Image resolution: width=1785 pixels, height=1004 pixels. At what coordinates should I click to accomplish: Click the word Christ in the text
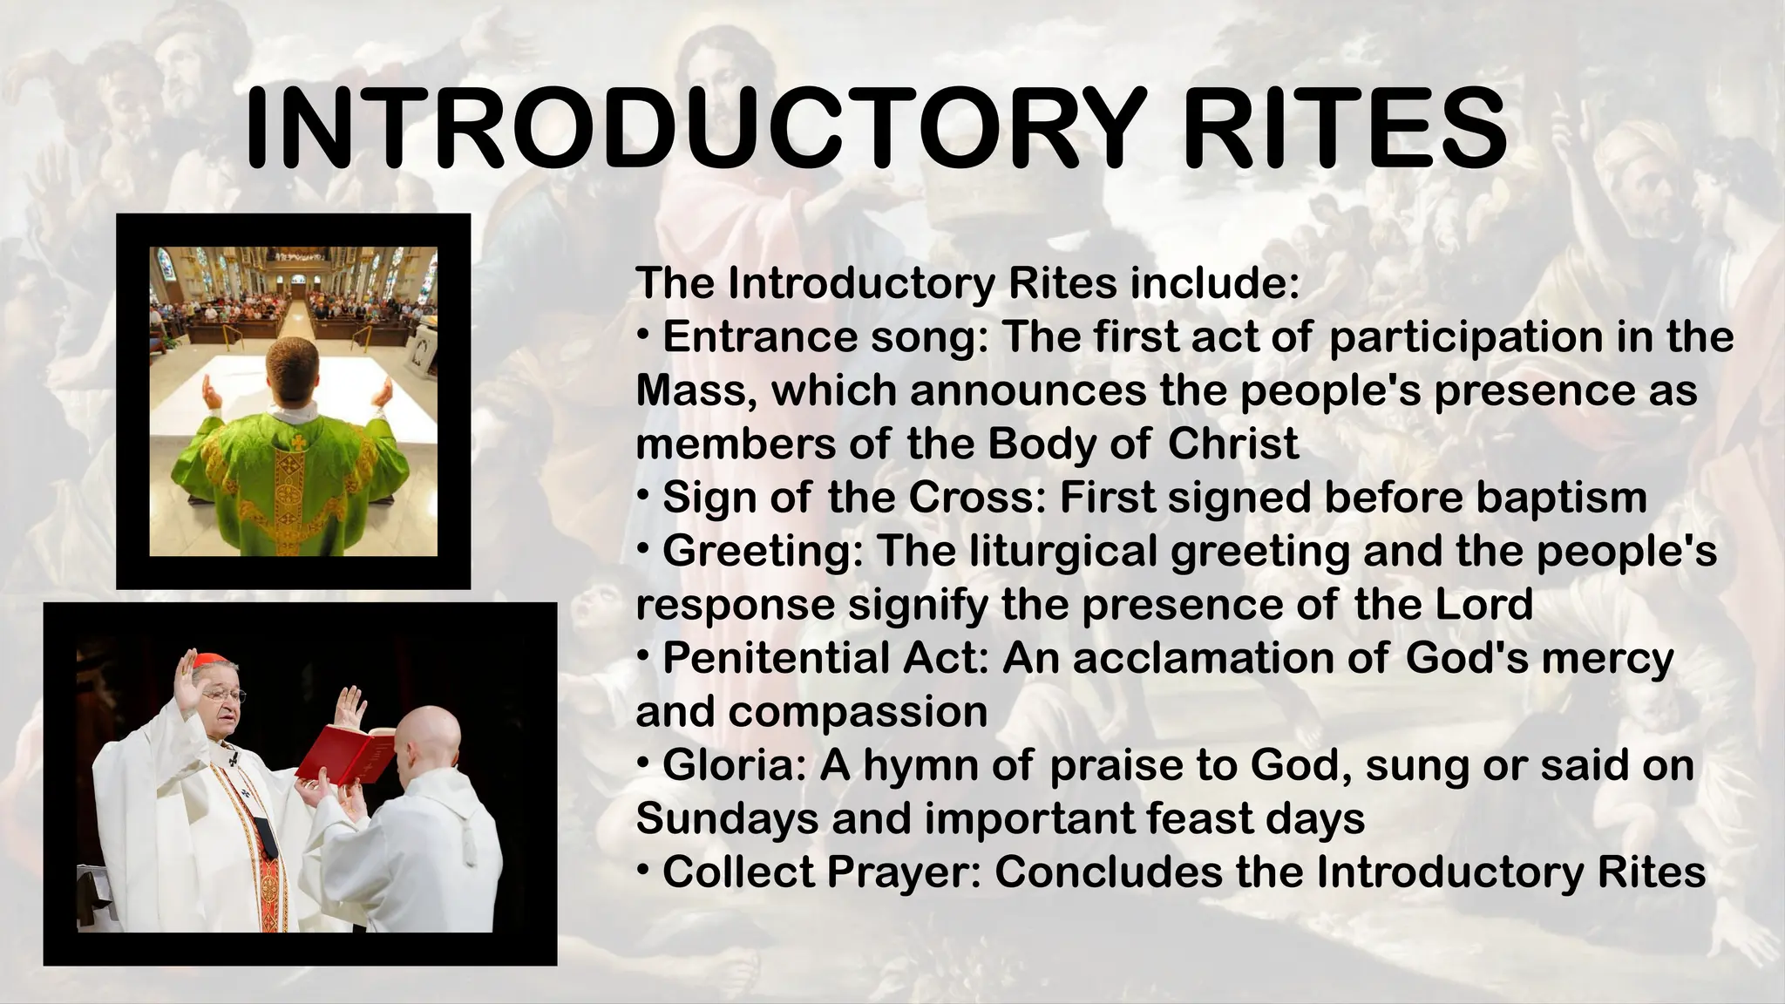point(1232,444)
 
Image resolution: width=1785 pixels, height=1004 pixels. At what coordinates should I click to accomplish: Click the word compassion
point(858,713)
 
